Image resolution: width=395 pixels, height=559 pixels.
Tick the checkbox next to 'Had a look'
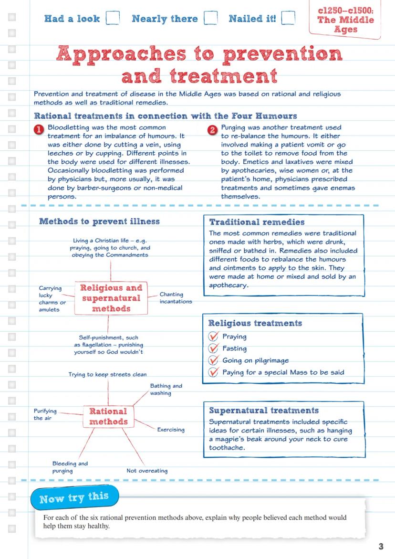[113, 18]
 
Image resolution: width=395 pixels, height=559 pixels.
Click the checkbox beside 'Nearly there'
[210, 18]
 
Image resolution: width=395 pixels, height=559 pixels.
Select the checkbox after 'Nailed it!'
[288, 18]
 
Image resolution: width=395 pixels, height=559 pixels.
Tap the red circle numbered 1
[40, 129]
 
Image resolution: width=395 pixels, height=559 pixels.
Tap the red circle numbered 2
[213, 129]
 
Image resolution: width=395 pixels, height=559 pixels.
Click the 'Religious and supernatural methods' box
[111, 298]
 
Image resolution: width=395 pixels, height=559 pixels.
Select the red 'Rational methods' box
[108, 417]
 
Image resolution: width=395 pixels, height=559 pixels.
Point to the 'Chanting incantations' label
[176, 298]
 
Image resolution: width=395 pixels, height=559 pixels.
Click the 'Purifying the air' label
[45, 414]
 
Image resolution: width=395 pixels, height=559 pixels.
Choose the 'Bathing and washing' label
[166, 390]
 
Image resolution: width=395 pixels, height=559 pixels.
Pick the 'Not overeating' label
[147, 471]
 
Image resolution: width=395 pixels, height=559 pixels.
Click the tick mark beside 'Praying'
[213, 337]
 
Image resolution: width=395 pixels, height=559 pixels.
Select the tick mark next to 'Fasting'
[213, 348]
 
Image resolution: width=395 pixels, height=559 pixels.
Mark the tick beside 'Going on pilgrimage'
[213, 360]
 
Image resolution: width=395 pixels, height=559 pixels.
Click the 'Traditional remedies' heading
[257, 222]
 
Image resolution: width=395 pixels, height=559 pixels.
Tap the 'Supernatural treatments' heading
[264, 411]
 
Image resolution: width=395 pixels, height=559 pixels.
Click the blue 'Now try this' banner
[74, 498]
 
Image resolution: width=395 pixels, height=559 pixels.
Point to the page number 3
[381, 547]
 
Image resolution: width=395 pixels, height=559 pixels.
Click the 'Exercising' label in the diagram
[171, 430]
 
